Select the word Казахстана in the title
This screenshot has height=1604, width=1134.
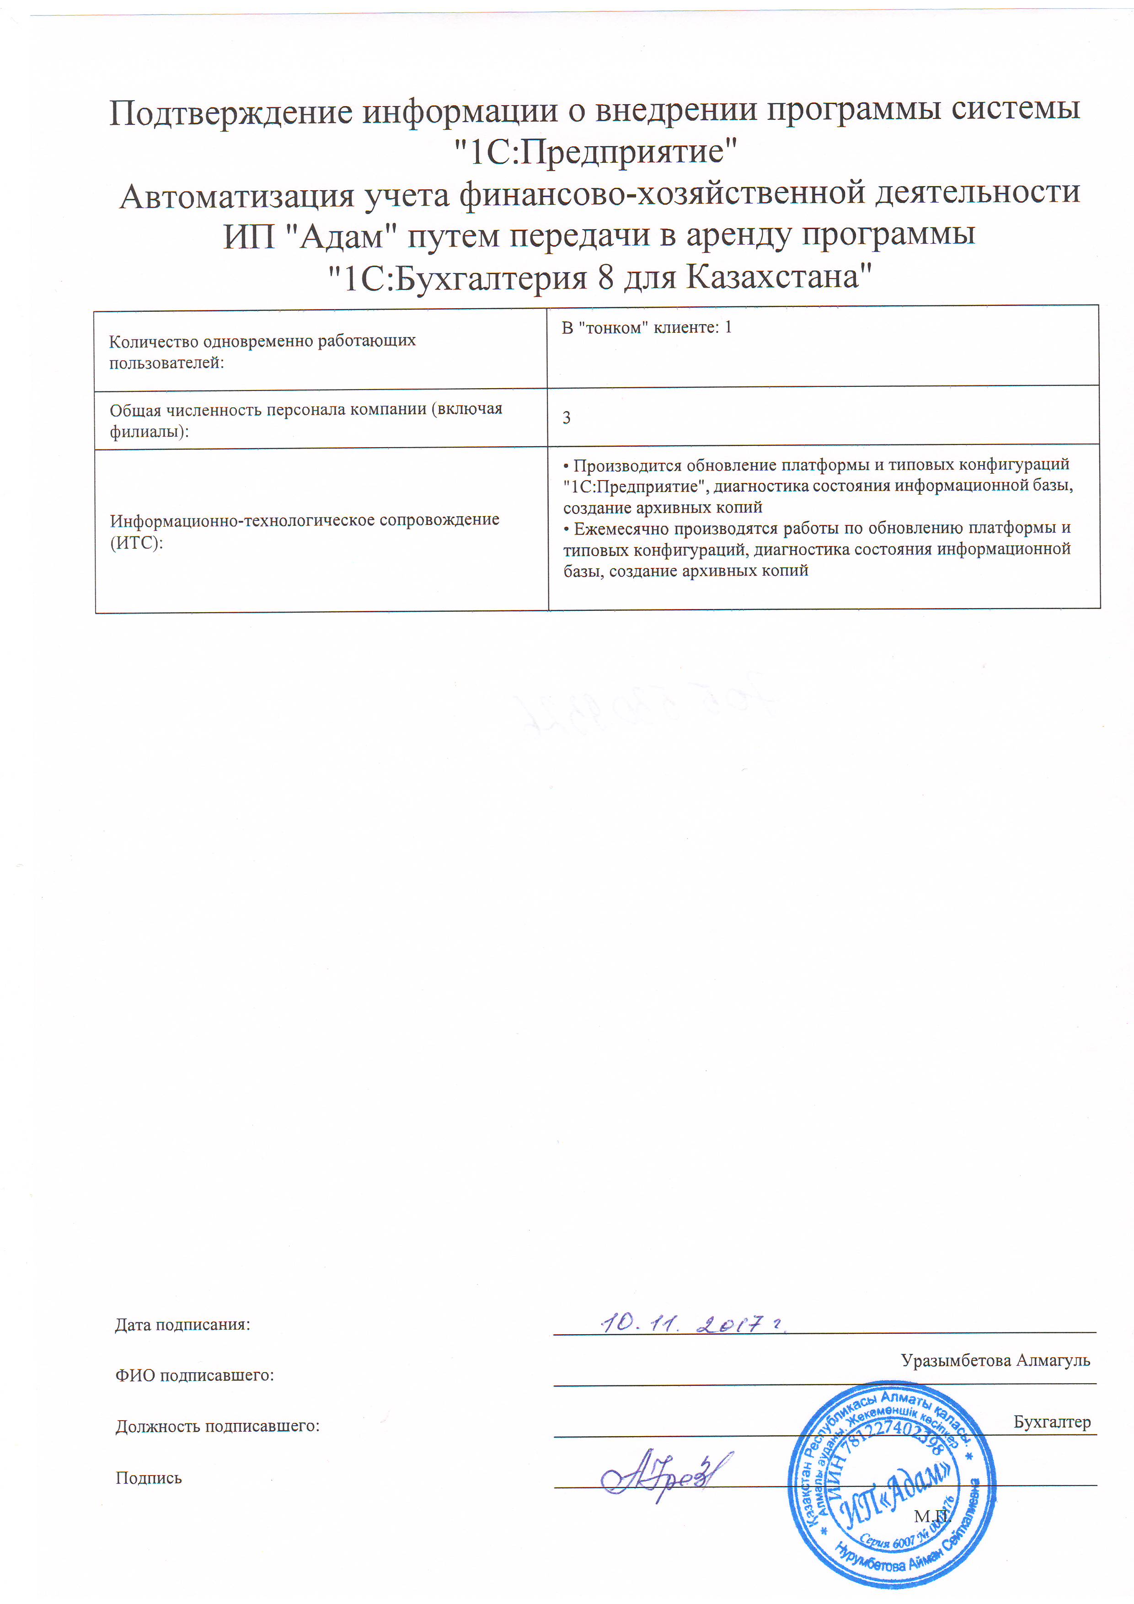pyautogui.click(x=780, y=278)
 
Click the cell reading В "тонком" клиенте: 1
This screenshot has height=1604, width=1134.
pyautogui.click(x=646, y=328)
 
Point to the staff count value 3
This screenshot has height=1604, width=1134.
pyautogui.click(x=567, y=418)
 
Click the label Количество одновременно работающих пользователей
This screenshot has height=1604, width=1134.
pyautogui.click(x=262, y=352)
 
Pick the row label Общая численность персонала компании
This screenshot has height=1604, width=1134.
pyautogui.click(x=305, y=419)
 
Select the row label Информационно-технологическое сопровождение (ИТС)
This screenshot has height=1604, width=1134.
pyautogui.click(x=305, y=530)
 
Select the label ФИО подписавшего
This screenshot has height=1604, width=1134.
pyautogui.click(x=194, y=1375)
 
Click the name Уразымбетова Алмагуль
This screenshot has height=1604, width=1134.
pyautogui.click(x=995, y=1360)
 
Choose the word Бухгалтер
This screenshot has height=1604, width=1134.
pyautogui.click(x=1052, y=1422)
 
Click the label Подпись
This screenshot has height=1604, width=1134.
pyautogui.click(x=148, y=1477)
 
